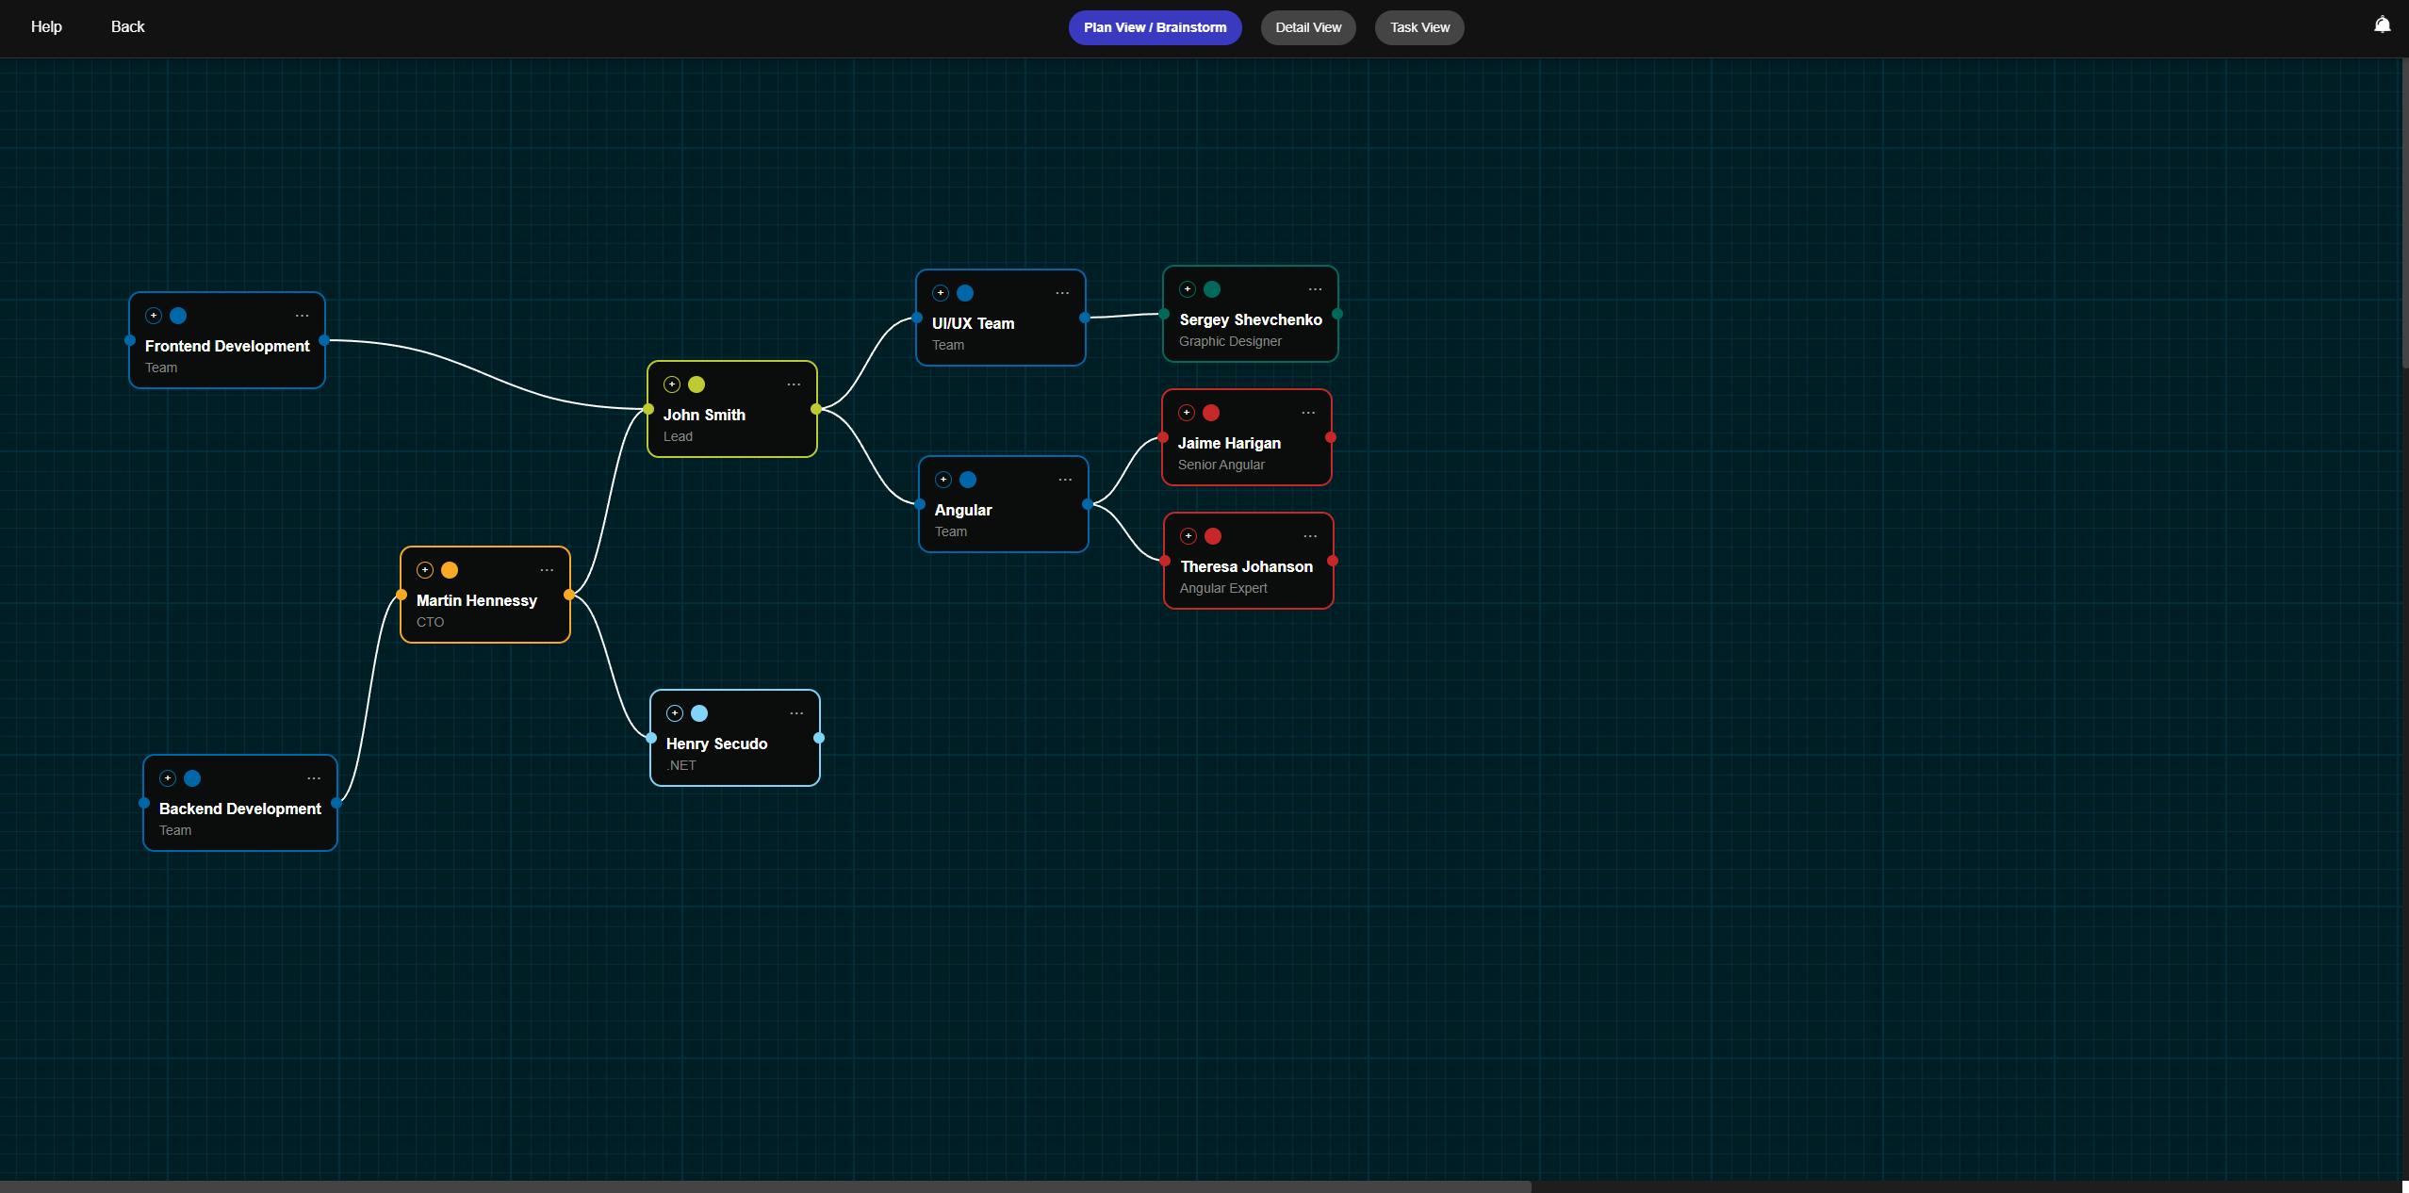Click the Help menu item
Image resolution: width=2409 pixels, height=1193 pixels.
tap(46, 26)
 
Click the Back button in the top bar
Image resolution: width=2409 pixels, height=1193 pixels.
tap(127, 26)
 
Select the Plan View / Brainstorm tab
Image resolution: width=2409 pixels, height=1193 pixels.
tap(1155, 27)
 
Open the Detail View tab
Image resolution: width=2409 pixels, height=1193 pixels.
tap(1308, 27)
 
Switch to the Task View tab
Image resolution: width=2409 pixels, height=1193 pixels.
tap(1419, 27)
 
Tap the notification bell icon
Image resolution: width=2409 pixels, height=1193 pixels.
tap(2382, 25)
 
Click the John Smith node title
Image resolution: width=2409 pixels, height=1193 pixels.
tap(704, 415)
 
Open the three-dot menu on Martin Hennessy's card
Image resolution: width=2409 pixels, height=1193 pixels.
tap(547, 570)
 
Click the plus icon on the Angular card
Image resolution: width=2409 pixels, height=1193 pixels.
tap(942, 480)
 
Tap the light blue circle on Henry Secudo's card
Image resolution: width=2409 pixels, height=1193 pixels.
tap(699, 713)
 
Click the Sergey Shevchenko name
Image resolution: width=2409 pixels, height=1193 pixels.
tap(1251, 319)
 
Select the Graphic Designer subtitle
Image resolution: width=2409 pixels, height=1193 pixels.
tap(1230, 341)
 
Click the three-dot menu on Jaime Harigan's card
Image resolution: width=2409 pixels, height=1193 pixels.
tap(1308, 413)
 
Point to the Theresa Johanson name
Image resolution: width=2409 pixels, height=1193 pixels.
tap(1246, 566)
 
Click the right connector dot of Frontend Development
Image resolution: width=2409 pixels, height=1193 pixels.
tap(324, 340)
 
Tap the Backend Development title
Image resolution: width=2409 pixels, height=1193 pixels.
tap(240, 809)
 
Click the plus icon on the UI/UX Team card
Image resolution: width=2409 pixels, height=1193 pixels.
tap(940, 293)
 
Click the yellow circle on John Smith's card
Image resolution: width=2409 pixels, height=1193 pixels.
tap(696, 384)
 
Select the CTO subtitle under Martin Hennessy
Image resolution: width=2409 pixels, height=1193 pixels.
tap(430, 622)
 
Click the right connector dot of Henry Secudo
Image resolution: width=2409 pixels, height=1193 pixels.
tap(819, 738)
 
